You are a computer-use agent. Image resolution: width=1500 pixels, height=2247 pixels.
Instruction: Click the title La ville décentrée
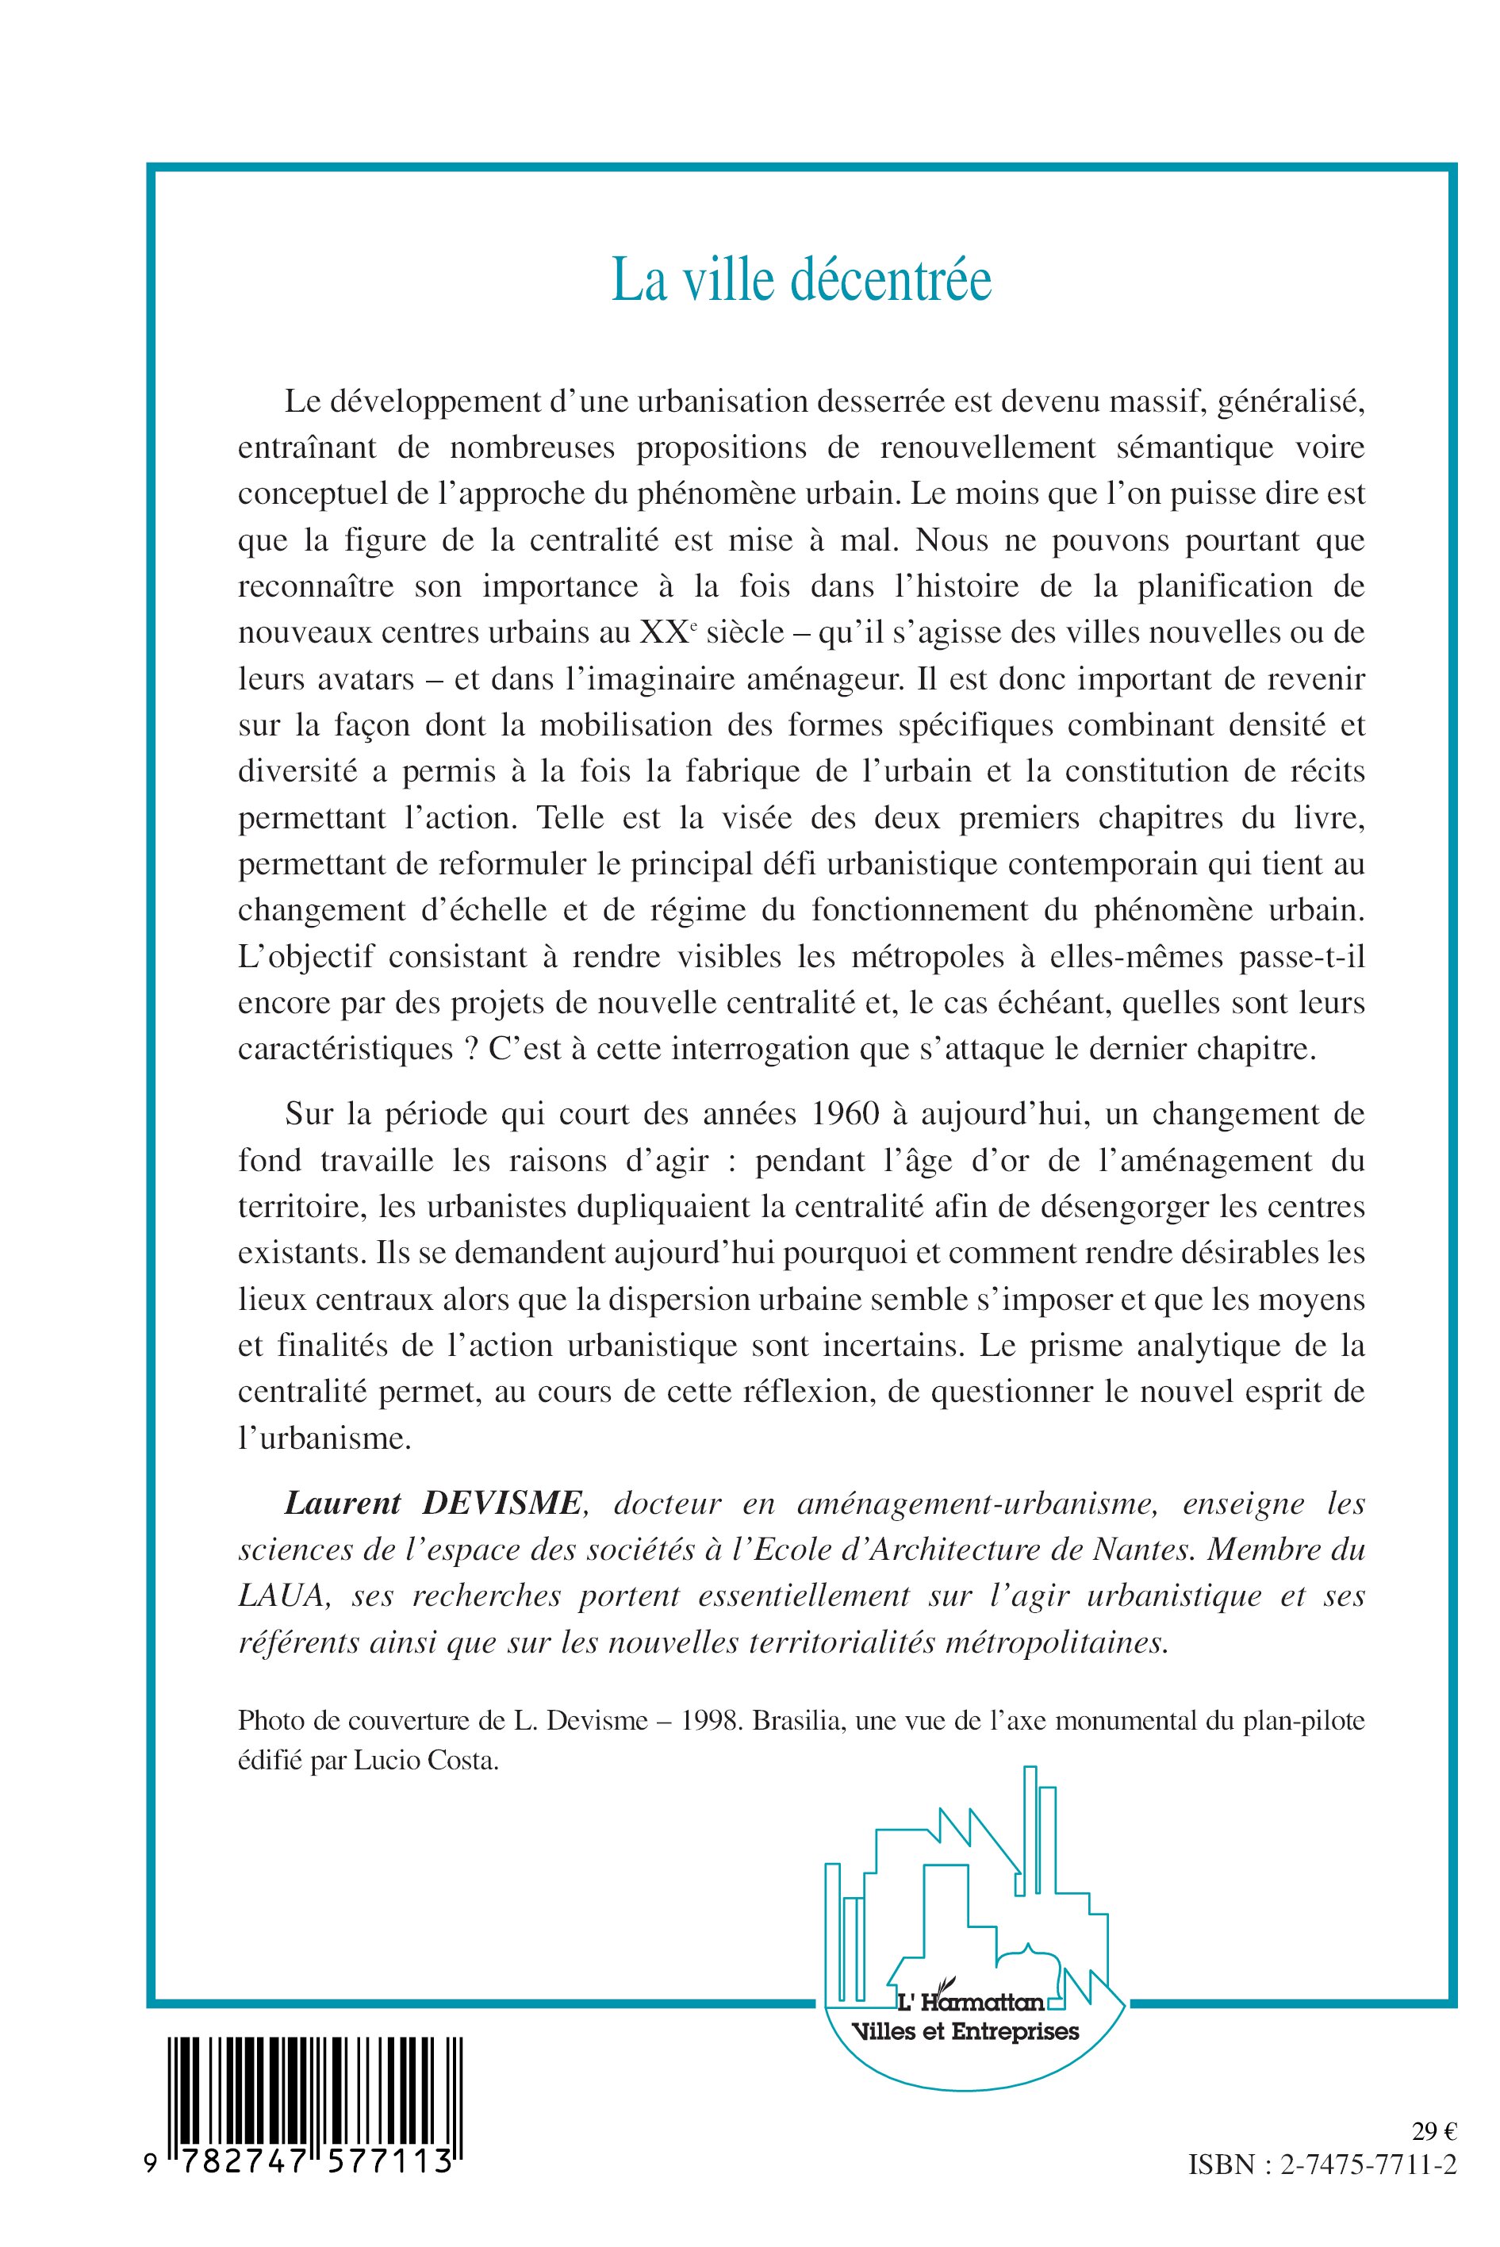click(802, 280)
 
